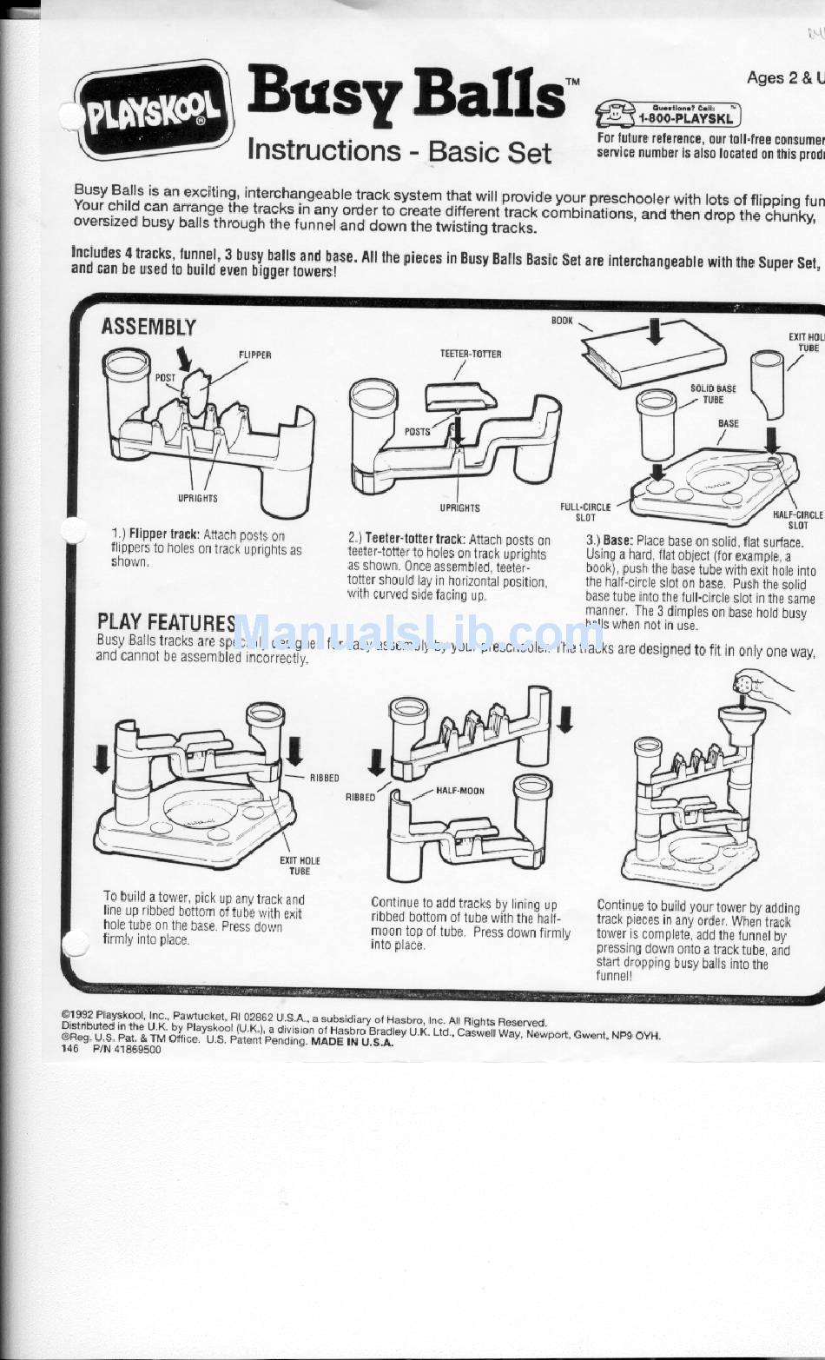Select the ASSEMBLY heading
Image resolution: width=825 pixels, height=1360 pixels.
point(148,327)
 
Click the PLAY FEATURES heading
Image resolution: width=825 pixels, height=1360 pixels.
point(167,621)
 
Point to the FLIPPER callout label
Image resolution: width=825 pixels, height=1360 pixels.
point(254,355)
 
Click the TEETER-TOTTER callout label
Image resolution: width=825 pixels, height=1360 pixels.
point(471,354)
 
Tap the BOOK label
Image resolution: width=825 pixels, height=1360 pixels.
point(562,321)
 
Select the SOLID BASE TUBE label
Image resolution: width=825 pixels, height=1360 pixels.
point(713,395)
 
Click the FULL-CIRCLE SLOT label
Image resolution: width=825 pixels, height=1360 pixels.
point(586,512)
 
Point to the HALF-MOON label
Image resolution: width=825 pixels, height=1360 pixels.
point(460,792)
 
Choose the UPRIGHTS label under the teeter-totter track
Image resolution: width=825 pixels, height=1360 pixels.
point(459,508)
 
